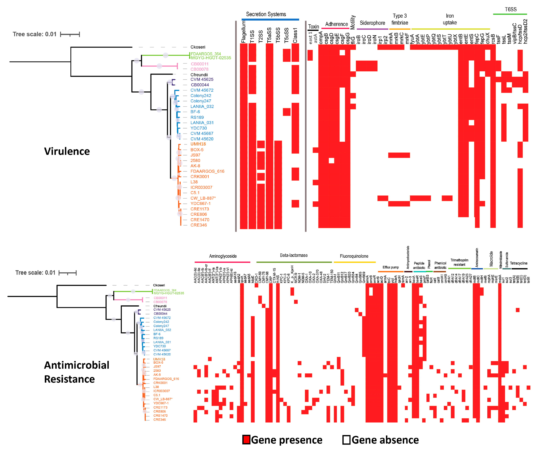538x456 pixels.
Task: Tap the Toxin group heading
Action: click(x=313, y=27)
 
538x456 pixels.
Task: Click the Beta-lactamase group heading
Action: click(x=294, y=255)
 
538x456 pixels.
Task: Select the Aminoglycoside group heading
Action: click(x=223, y=256)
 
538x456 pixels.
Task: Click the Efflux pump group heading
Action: click(x=391, y=267)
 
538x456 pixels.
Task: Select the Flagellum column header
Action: click(x=243, y=32)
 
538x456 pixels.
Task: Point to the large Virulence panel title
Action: click(x=67, y=151)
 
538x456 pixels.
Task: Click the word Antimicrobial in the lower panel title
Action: click(x=77, y=365)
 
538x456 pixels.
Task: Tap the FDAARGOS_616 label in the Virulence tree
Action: click(x=207, y=171)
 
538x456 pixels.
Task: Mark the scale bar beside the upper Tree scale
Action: click(x=70, y=34)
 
